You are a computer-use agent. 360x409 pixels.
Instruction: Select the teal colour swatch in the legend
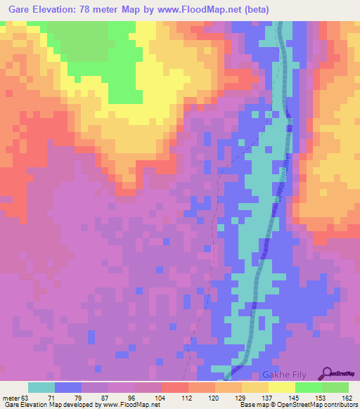pyautogui.click(x=41, y=387)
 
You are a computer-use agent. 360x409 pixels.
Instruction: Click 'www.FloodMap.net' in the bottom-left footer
pyautogui.click(x=130, y=405)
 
